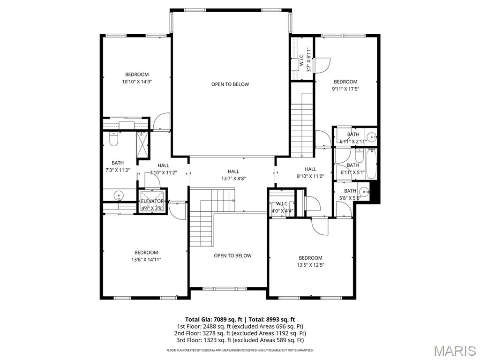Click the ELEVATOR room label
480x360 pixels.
(x=152, y=201)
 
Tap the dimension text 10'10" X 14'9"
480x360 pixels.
(x=137, y=82)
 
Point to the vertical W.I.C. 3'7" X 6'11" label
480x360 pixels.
(x=305, y=59)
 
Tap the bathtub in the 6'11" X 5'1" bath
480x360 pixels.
(x=371, y=164)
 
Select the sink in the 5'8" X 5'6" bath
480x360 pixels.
(x=363, y=191)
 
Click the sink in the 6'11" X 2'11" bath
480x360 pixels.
(x=371, y=137)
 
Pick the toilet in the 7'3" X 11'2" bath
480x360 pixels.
(x=113, y=139)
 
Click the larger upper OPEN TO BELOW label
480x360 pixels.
(x=230, y=84)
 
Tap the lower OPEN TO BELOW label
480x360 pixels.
(x=232, y=255)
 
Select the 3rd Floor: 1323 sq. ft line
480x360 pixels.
(x=240, y=340)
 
